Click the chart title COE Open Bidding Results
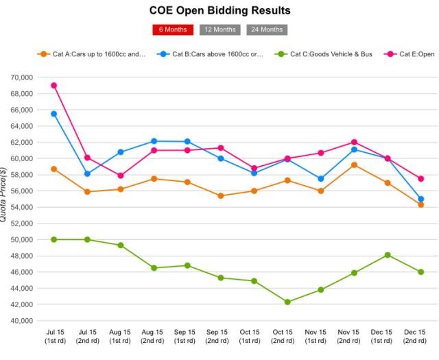click(219, 10)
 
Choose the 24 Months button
click(267, 29)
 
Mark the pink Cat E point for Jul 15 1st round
click(54, 86)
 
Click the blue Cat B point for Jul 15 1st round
click(54, 114)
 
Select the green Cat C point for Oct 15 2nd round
click(287, 302)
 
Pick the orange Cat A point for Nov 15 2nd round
click(354, 165)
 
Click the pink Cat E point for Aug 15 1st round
click(121, 176)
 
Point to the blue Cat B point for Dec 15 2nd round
click(420, 199)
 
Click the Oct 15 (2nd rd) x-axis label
click(287, 336)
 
